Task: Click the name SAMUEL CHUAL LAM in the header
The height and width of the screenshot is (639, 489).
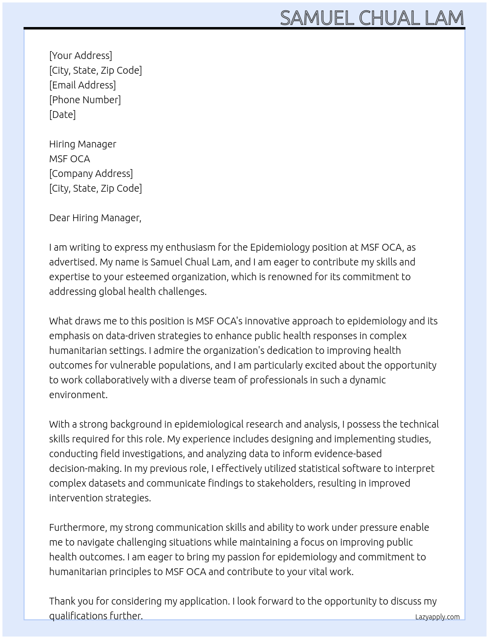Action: [372, 18]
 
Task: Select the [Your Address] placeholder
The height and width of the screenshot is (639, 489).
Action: [81, 56]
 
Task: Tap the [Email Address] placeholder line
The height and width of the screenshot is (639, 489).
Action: [82, 85]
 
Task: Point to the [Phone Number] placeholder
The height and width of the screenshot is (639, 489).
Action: [85, 100]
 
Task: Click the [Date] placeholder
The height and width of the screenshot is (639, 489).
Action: [62, 115]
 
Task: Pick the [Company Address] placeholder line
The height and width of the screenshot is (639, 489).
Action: [91, 174]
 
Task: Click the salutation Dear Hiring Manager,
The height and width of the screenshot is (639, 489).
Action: [95, 218]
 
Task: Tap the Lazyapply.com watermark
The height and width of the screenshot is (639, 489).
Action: [437, 617]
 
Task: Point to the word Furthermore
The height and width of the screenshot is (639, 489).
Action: [78, 527]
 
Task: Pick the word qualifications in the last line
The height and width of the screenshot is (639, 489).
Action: [77, 616]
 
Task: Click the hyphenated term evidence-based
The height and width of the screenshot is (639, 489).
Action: [341, 454]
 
